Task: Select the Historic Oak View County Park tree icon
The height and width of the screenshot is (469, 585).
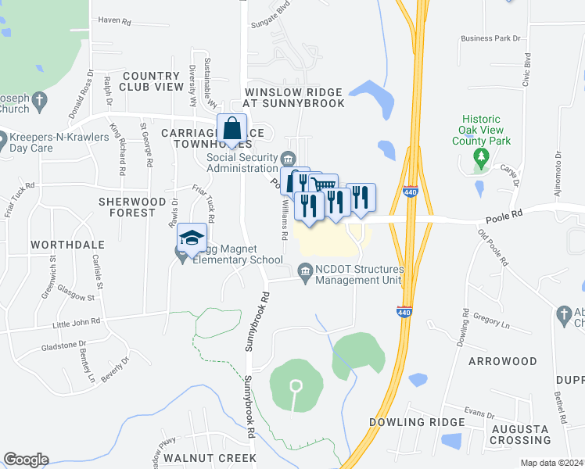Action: [x=482, y=156]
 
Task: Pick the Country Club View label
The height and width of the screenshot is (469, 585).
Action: [x=152, y=81]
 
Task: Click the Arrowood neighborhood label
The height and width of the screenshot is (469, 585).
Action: [x=502, y=361]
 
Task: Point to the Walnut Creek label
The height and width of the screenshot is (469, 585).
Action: [x=209, y=457]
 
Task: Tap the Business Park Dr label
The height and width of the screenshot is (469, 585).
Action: [x=490, y=38]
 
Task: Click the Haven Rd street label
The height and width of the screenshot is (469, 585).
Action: [x=114, y=20]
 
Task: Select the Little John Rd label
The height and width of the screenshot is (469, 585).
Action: [x=76, y=321]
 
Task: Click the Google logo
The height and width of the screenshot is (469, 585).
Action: [x=25, y=460]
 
